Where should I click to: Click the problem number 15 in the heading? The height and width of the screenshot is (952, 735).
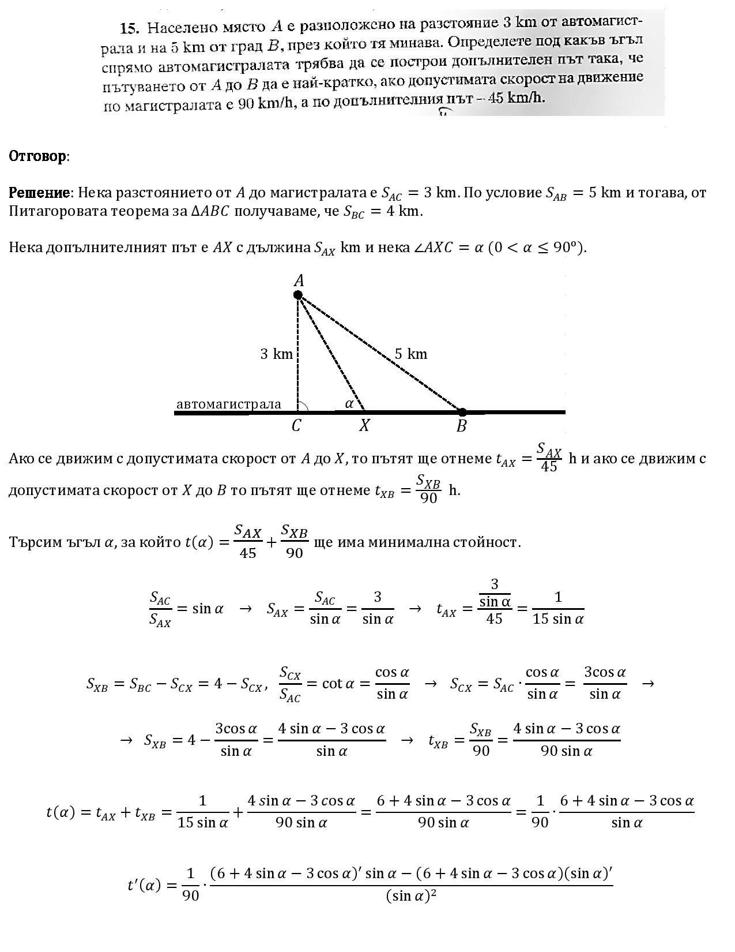point(130,27)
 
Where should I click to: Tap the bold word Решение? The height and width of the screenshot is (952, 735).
point(39,193)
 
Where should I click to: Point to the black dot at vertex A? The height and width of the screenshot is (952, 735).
point(298,295)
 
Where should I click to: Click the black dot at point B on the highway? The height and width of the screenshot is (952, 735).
point(462,412)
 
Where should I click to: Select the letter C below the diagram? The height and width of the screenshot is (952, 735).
point(296,426)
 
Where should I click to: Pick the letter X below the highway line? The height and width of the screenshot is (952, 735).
point(364,426)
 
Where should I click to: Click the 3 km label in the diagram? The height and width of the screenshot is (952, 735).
point(277,354)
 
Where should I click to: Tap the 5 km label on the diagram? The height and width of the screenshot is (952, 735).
point(411,354)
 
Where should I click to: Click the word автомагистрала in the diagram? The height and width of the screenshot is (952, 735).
point(229,404)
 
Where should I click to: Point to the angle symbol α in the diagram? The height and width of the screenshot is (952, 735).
point(349,404)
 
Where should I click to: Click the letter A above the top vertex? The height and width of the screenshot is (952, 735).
point(299,281)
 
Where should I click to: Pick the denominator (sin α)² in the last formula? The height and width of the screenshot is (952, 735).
point(411,896)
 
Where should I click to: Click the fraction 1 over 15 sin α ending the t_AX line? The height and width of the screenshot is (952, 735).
point(557,609)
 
